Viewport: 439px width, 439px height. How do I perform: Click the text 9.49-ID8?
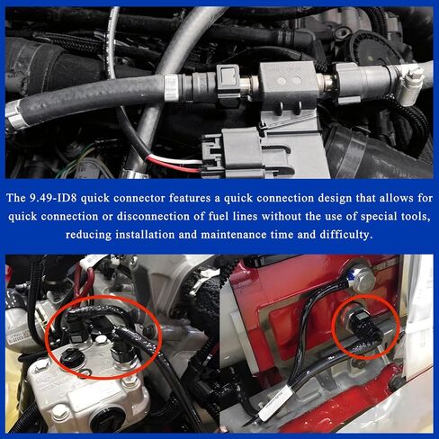pyautogui.click(x=53, y=198)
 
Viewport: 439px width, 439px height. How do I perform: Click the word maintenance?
pyautogui.click(x=233, y=234)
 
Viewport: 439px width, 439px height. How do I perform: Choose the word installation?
pyautogui.click(x=145, y=234)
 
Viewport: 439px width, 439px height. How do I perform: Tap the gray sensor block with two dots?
pyautogui.click(x=287, y=80)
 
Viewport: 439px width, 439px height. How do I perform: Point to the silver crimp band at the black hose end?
pyautogui.click(x=172, y=88)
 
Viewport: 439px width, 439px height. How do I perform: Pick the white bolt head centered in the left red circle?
pyautogui.click(x=101, y=340)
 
